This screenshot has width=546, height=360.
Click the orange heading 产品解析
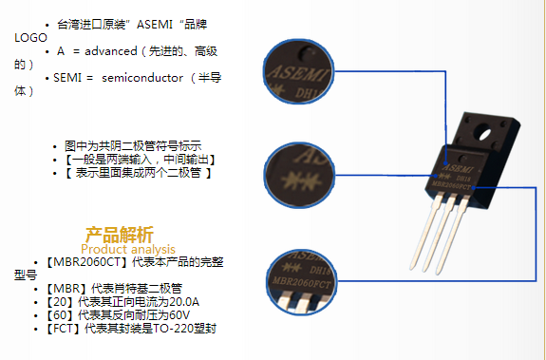click(119, 235)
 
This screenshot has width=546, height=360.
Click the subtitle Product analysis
click(128, 249)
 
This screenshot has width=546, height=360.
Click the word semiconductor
click(142, 78)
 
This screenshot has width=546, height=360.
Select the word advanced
click(111, 51)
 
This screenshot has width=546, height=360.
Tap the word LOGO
click(30, 38)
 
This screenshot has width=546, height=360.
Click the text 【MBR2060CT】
click(86, 262)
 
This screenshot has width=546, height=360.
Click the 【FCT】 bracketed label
click(64, 329)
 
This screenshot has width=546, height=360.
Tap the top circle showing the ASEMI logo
click(298, 71)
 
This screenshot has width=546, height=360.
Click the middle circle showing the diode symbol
click(299, 175)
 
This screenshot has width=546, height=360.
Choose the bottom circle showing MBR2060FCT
click(302, 282)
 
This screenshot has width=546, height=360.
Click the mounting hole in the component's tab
click(484, 133)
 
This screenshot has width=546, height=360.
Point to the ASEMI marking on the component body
click(458, 168)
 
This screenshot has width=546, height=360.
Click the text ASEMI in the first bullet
click(154, 25)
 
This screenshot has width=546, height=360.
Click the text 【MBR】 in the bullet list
click(66, 289)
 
